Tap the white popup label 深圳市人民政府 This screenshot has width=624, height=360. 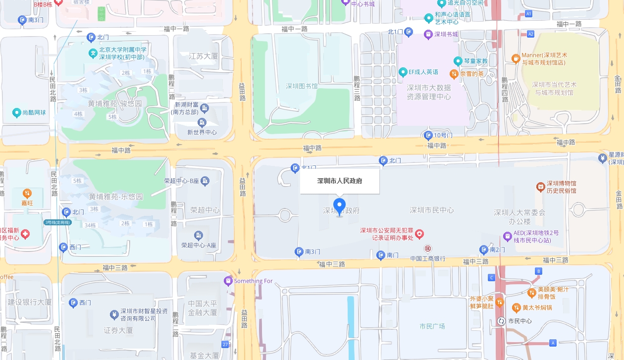coord(340,181)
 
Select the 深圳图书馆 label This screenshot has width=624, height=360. coord(302,86)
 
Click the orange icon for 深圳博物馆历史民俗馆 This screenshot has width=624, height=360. coord(540,187)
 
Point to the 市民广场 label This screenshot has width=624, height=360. coord(432,326)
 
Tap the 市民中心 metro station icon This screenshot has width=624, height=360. coord(501,321)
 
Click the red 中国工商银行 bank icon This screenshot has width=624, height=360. coord(427,248)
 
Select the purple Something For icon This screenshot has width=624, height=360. coord(228,281)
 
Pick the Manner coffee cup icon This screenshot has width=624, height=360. coord(516,59)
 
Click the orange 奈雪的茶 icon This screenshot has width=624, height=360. coord(454,74)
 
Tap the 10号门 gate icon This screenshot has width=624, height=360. coord(429,135)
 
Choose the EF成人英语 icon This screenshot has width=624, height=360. coord(403,72)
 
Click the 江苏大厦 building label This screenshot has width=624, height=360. coord(204,56)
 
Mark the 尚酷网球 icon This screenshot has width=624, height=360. coord(17,113)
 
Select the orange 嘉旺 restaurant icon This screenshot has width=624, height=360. coord(28,193)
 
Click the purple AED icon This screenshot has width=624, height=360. coord(507,236)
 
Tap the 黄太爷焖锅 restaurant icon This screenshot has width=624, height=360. coord(516,308)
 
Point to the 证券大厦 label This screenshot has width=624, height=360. coord(118,330)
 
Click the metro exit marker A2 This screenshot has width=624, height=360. coord(531,34)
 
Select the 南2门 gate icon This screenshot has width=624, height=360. coord(484,250)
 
